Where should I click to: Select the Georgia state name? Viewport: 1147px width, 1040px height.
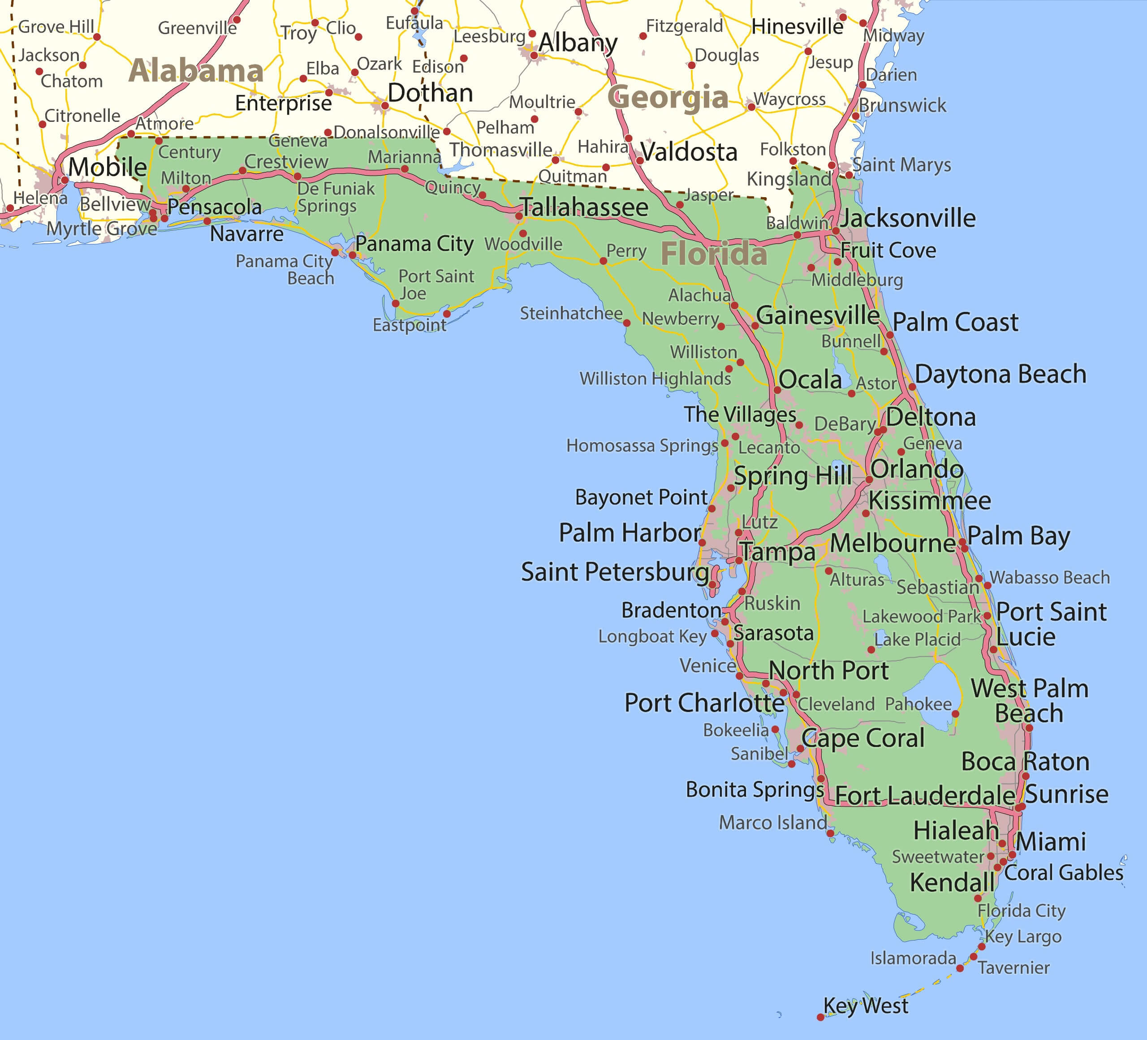pyautogui.click(x=668, y=97)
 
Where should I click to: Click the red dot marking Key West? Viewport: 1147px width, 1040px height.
pyautogui.click(x=820, y=1017)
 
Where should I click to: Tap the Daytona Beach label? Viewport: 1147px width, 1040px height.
pyautogui.click(x=1000, y=374)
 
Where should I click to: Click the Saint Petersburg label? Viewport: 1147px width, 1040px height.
pyautogui.click(x=614, y=572)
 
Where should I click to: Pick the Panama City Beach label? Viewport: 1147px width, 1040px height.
pyautogui.click(x=285, y=269)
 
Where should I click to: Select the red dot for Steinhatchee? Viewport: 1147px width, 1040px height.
pyautogui.click(x=626, y=323)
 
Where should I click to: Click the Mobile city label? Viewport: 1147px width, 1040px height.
pyautogui.click(x=108, y=167)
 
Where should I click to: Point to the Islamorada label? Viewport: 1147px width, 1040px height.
pyautogui.click(x=913, y=958)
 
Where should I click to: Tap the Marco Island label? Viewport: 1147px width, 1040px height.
pyautogui.click(x=772, y=822)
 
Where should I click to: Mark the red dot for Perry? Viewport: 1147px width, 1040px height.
pyautogui.click(x=603, y=261)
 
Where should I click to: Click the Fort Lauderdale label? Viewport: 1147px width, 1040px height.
pyautogui.click(x=924, y=795)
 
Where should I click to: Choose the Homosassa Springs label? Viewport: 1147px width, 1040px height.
pyautogui.click(x=642, y=445)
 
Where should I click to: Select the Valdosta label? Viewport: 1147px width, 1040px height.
pyautogui.click(x=689, y=152)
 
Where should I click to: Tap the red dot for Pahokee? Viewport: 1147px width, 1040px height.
pyautogui.click(x=955, y=714)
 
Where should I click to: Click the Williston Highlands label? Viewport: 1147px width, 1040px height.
pyautogui.click(x=655, y=378)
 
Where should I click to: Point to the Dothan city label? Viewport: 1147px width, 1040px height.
pyautogui.click(x=430, y=93)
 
